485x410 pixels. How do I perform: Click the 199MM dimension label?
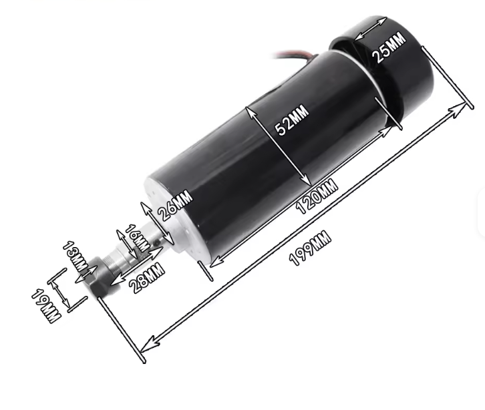click(x=310, y=248)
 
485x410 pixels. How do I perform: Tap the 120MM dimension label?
click(x=317, y=196)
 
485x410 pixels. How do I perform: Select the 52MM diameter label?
click(x=292, y=120)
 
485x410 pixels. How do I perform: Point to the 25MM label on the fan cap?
click(x=389, y=47)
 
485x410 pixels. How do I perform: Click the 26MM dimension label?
click(x=175, y=205)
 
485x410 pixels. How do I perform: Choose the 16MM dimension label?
click(x=137, y=238)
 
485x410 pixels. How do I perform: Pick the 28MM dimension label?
click(x=147, y=277)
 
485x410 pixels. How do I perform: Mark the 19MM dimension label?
click(x=45, y=306)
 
